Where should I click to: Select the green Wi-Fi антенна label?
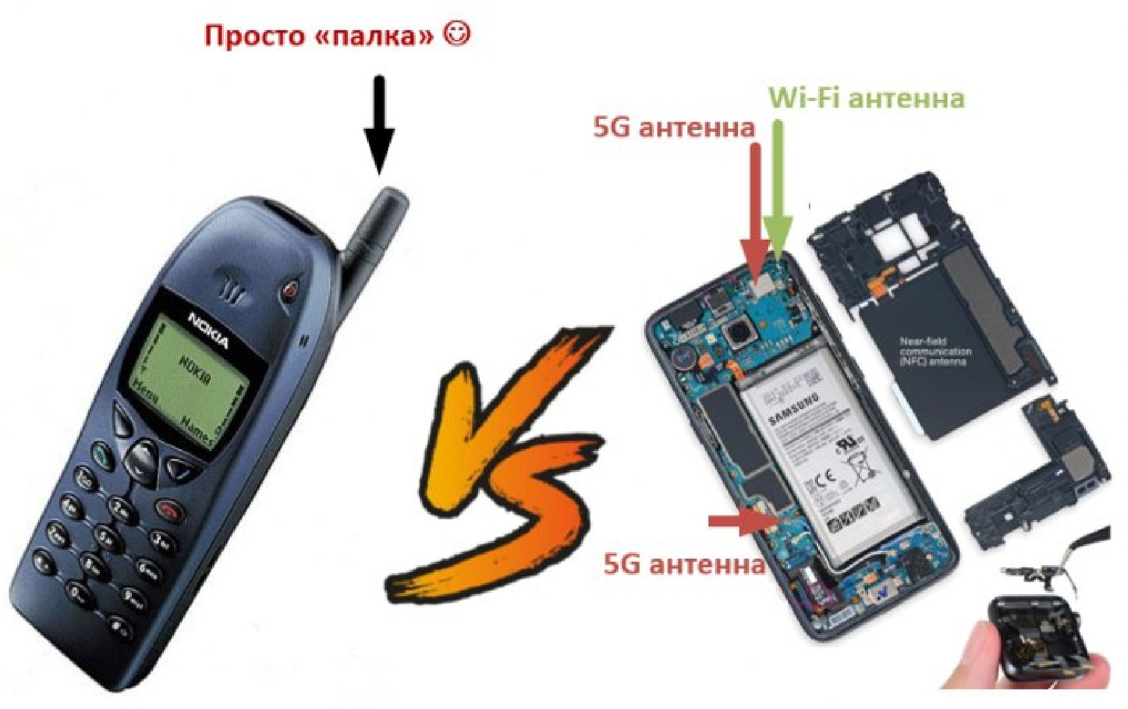point(866,98)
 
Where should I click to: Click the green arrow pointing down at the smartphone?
point(779,190)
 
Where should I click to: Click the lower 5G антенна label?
point(683,563)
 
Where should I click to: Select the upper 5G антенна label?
point(674,127)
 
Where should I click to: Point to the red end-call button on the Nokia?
point(171,509)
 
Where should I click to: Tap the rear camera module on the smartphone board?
point(740,335)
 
